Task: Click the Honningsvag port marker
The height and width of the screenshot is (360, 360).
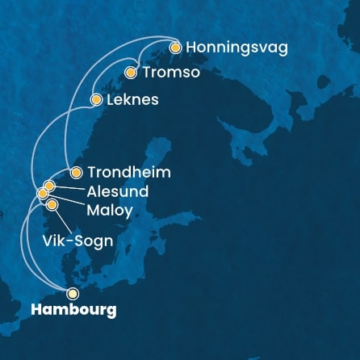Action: coord(174,48)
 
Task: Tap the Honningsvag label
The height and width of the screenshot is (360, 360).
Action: coord(236,48)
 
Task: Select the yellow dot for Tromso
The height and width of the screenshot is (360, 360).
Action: coord(131,73)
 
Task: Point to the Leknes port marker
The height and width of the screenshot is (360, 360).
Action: coord(95,100)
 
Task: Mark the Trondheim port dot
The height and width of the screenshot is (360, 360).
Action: coord(76,172)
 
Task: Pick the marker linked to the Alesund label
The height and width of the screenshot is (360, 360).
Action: coord(49,186)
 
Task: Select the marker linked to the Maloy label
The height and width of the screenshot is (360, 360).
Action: coord(43,194)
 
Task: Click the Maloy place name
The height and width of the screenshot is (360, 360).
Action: coord(108,210)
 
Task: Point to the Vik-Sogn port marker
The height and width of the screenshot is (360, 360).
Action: coord(52,205)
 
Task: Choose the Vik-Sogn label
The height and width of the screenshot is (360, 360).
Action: coord(77,241)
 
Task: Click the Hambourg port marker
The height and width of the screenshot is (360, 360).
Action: coord(73,294)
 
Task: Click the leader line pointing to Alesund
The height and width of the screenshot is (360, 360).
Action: coord(69,188)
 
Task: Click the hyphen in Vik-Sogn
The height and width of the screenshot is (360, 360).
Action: coord(66,241)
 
